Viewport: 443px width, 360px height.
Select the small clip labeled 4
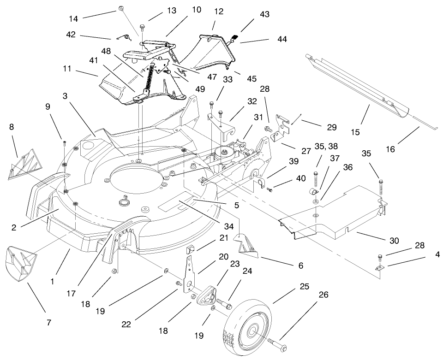[x=379, y=268]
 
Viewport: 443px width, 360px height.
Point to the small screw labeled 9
[x=65, y=143]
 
